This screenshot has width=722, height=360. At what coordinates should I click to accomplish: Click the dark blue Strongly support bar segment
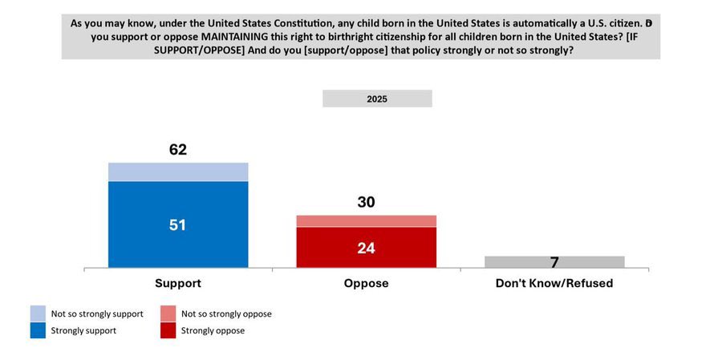coord(178,241)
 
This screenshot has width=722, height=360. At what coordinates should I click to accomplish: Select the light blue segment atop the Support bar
coord(178,172)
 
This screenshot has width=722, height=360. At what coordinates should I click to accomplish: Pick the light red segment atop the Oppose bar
coord(366,221)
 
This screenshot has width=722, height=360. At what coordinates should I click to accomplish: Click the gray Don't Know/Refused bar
coord(554,261)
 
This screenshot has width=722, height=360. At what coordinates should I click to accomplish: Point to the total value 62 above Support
coord(178,149)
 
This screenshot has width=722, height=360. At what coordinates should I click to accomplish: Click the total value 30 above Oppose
coord(366,202)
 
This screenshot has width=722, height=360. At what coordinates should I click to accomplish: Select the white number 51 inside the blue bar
coord(178,225)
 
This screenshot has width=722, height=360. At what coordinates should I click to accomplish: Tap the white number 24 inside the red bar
coord(366,248)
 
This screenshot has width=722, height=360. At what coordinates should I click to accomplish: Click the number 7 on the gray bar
coord(554,261)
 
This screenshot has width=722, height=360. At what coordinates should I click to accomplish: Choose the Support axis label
coord(178,284)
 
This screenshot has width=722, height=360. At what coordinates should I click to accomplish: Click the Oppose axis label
coord(366,284)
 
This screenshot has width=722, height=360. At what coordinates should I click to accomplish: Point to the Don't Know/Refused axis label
coord(554,284)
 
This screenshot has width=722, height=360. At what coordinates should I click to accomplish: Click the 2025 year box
coord(377,99)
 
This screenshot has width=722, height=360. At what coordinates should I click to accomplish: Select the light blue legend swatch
coord(38,313)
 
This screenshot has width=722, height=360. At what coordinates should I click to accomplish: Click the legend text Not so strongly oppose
coord(227,313)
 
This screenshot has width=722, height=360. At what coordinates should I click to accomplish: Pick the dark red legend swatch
coord(168,330)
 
